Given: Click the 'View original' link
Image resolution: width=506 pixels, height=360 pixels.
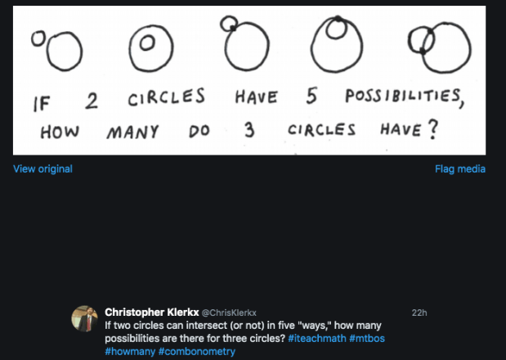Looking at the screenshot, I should (43, 169).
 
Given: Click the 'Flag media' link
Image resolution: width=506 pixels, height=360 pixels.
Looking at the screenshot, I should (460, 169).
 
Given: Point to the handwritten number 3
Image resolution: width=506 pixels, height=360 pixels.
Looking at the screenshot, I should (249, 128).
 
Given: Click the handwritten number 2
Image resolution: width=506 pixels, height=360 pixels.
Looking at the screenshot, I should (92, 101).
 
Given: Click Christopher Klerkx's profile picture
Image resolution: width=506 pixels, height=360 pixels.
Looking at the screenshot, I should (85, 318).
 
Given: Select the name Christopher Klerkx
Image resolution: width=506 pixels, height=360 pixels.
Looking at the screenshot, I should (151, 312).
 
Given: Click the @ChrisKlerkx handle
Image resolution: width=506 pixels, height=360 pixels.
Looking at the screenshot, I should (229, 313).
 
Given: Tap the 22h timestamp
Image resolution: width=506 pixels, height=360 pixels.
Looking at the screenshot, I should (419, 313).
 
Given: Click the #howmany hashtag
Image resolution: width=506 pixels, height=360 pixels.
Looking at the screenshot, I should (130, 351).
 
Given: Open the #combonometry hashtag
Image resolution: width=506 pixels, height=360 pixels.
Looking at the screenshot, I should (197, 351).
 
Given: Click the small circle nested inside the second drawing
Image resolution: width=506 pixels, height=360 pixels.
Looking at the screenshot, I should (147, 41).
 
